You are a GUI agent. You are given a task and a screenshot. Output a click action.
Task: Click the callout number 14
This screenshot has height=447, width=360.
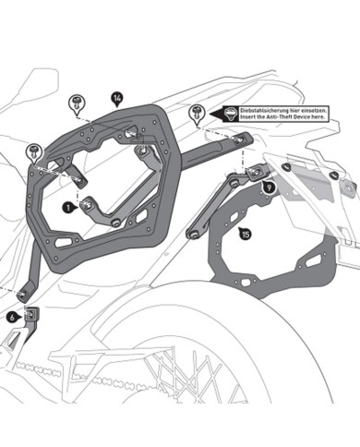click(116, 97)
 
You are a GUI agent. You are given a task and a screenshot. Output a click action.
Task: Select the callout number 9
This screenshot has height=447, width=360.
click(268, 187)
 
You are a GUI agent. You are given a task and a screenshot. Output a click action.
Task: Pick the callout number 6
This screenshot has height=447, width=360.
click(12, 317)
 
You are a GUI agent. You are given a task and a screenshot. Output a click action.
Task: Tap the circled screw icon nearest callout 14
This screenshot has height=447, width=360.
click(78, 99)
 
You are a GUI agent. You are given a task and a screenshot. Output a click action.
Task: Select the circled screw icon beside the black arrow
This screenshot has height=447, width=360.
click(196, 113)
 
